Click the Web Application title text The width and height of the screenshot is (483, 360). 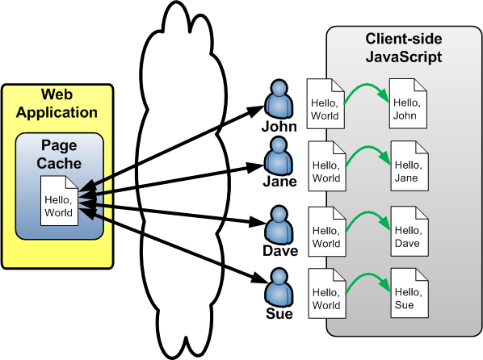pos(57,103)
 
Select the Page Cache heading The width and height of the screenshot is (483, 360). pos(59,154)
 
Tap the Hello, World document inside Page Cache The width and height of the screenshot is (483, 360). pos(59,200)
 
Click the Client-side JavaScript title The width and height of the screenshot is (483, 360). pos(404,48)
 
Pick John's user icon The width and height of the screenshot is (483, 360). pos(279,98)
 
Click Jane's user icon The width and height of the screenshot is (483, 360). pos(279,157)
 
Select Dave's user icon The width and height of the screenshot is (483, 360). pos(279,226)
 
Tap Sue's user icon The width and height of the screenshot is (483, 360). pos(279,287)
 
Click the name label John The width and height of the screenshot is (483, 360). pos(279,127)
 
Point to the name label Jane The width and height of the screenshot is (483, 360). pos(279,181)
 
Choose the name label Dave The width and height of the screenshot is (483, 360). pos(280,251)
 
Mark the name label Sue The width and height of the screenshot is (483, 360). pos(279,313)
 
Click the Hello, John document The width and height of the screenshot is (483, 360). pos(408,103)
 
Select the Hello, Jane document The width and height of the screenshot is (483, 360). pos(409,166)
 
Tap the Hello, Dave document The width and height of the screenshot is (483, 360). pos(409,232)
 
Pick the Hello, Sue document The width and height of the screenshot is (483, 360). pos(409,293)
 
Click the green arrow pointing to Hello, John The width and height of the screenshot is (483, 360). pos(365,84)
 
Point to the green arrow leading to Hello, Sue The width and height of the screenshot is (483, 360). pos(367,275)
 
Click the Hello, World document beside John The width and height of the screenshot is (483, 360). pos(325,104)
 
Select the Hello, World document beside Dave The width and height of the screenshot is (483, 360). pos(327,232)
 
